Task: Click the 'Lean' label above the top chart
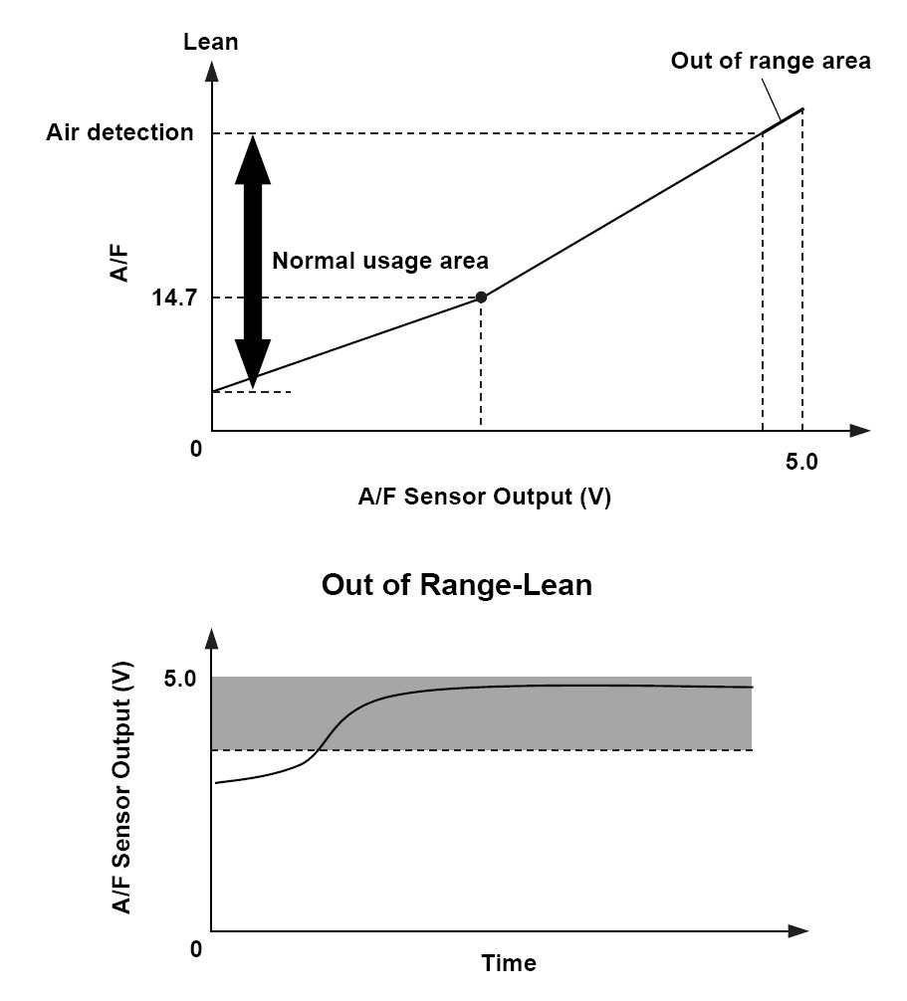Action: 211,42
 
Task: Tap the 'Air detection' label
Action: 119,132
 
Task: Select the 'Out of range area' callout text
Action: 770,61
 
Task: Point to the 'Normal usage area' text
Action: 380,261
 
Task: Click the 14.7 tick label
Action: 172,298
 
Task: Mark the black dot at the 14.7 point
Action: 481,297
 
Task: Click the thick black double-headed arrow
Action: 253,259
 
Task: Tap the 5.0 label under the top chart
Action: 800,463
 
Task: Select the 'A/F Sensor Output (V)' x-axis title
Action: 484,498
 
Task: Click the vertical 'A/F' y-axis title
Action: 120,265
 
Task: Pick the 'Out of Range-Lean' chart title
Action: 456,584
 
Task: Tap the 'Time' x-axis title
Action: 509,963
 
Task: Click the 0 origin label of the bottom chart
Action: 196,948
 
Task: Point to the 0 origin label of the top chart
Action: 196,449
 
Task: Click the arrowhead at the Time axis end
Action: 796,932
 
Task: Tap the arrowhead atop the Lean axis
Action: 212,71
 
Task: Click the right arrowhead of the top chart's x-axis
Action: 859,432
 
